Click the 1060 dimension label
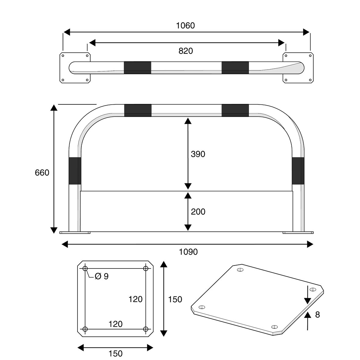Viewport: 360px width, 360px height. pos(185,26)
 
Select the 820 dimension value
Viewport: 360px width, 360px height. pos(185,51)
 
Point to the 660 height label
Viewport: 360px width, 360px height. pos(42,173)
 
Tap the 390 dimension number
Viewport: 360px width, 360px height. pos(198,154)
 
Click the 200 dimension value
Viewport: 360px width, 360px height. pos(198,211)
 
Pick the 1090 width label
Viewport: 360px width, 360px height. pos(188,252)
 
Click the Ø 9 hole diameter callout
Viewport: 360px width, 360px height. pos(102,276)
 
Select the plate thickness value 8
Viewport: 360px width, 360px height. pos(317,315)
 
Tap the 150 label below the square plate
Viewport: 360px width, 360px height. pos(115,354)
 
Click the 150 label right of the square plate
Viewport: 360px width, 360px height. pos(175,299)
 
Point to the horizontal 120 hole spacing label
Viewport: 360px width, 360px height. pos(115,324)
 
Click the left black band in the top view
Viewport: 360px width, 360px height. pos(137,67)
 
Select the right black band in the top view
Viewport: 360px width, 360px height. pos(235,67)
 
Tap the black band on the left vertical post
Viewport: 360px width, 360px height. pos(75,171)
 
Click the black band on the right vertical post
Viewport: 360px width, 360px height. pos(298,171)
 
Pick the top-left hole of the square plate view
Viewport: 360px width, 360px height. pos(85,268)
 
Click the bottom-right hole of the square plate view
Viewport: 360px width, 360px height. pos(146,329)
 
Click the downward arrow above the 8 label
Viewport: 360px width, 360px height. pos(308,296)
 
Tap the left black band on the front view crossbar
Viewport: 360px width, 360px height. pos(138,110)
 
